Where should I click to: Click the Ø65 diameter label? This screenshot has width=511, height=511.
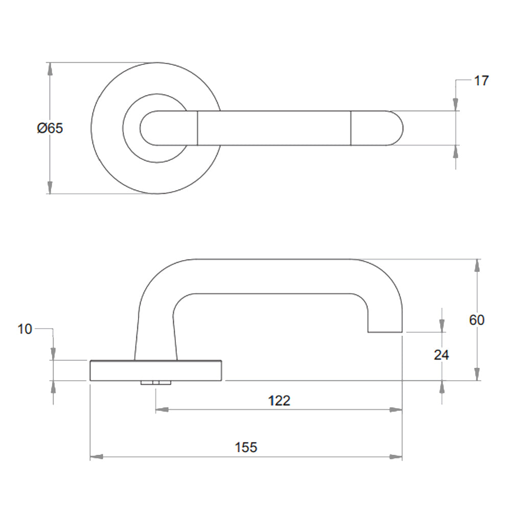(50, 128)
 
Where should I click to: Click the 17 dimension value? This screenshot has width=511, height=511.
(481, 81)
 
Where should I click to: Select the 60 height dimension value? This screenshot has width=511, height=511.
(477, 320)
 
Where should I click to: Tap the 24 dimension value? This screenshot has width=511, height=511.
(442, 355)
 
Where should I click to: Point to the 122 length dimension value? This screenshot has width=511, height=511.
(279, 401)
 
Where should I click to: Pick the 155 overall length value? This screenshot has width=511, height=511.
(246, 448)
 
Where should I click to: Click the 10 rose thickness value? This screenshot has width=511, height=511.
(25, 330)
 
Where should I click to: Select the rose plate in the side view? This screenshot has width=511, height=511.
(156, 370)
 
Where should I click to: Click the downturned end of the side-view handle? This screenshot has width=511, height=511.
(385, 322)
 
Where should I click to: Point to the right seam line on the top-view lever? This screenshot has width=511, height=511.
(351, 128)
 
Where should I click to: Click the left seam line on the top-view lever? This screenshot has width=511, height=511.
(197, 128)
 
